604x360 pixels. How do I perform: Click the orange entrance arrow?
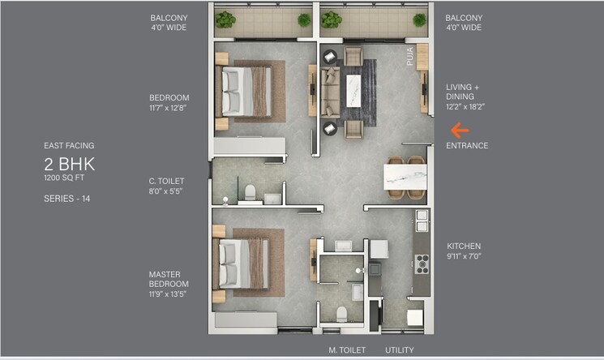(460, 129)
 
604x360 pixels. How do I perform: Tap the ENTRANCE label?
(467, 146)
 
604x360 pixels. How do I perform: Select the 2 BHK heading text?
(70, 164)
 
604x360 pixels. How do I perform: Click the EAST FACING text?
(69, 146)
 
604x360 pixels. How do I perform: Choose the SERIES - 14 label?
(66, 198)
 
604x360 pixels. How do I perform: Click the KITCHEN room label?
(464, 246)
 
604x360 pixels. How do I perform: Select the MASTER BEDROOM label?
(169, 279)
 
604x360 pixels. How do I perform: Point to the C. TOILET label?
(166, 181)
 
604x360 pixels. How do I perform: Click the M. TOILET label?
(347, 350)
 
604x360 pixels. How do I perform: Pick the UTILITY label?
(399, 350)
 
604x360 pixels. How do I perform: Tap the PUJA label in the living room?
(409, 57)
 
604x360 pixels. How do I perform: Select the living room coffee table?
(353, 89)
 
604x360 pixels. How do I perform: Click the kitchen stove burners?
(422, 264)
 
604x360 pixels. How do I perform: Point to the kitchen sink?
(422, 221)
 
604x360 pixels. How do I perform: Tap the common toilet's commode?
(251, 192)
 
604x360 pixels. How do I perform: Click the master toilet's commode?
(341, 312)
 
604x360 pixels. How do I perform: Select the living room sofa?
(330, 92)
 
